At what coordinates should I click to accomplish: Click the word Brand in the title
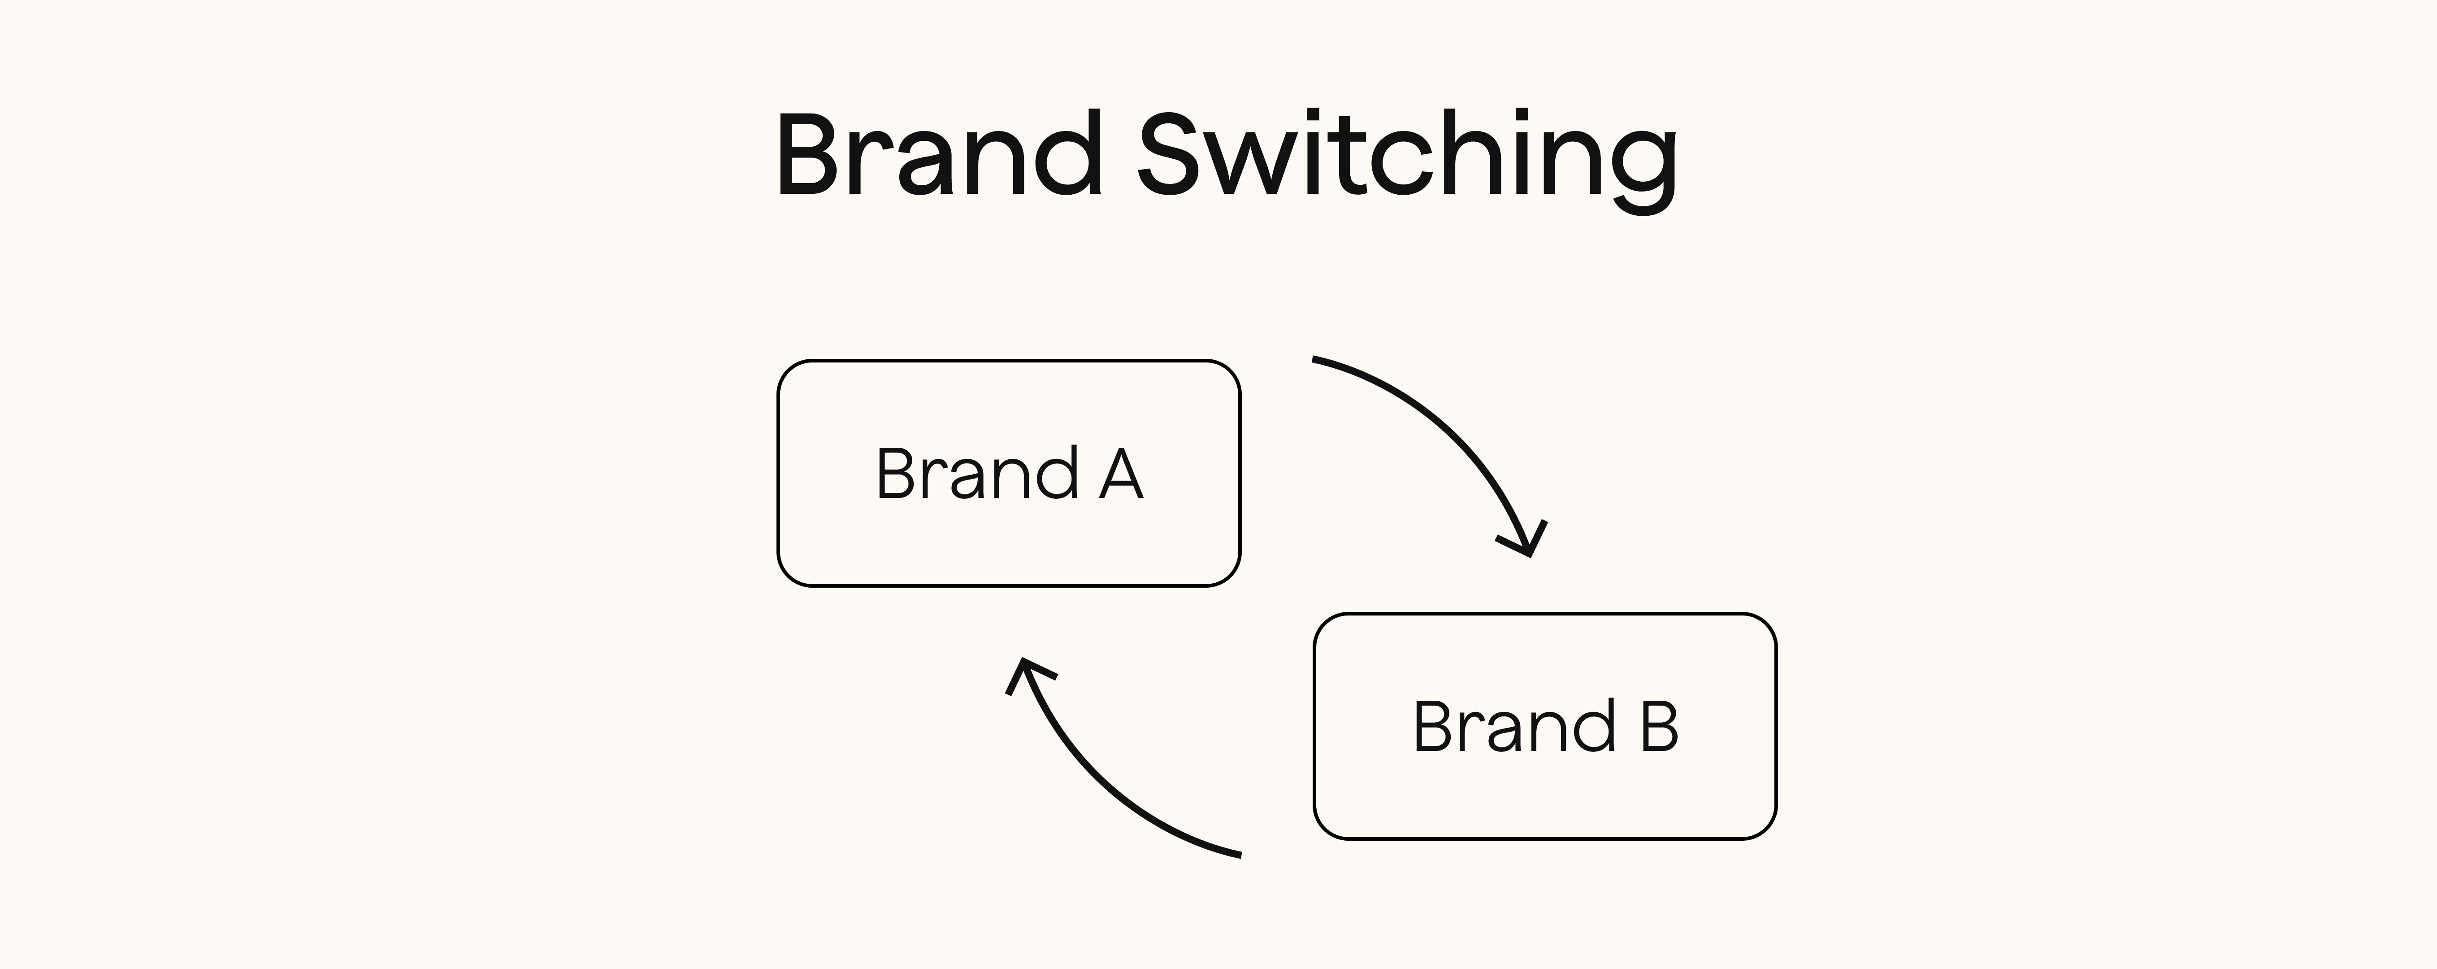click(939, 156)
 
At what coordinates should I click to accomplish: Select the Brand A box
click(1009, 473)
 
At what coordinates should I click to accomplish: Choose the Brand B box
click(1545, 726)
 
